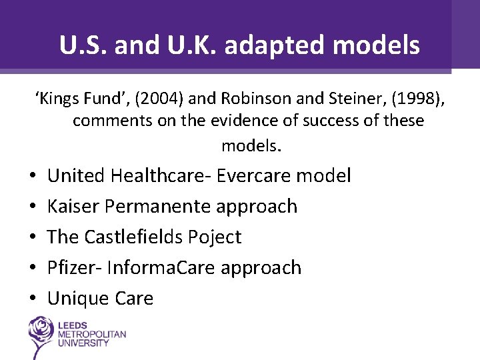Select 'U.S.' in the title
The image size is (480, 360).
[x=83, y=45]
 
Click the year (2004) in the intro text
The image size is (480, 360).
[x=165, y=99]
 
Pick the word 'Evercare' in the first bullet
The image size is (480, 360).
[x=254, y=176]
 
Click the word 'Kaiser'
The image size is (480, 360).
[x=73, y=207]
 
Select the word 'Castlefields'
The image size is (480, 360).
[x=145, y=237]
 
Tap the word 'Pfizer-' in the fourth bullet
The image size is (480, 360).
[x=75, y=268]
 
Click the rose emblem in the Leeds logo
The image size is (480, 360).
[x=41, y=333]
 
